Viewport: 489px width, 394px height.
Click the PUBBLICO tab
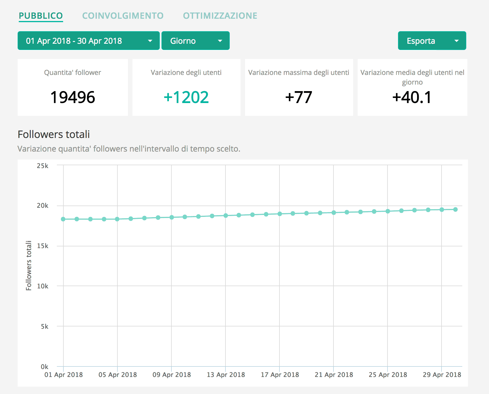point(41,16)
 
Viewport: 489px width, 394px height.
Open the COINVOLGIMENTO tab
point(123,16)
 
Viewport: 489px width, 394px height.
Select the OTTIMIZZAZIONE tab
point(220,16)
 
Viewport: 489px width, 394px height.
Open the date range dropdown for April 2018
point(88,41)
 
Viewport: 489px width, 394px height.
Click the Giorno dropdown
point(195,41)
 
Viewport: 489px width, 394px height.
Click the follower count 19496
point(72,97)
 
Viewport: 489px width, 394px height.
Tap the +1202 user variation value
point(186,97)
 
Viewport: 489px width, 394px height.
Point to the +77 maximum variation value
point(299,97)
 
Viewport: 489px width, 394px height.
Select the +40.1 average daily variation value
point(412,97)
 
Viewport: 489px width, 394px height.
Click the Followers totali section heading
point(54,134)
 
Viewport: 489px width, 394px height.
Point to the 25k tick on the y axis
point(43,166)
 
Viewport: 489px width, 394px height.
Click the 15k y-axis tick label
point(43,246)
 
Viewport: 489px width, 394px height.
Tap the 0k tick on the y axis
point(44,366)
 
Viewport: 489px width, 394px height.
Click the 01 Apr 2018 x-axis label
point(63,375)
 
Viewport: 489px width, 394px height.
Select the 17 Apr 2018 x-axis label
point(280,375)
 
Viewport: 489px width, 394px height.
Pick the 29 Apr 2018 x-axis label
point(442,375)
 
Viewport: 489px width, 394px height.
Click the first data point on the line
point(63,219)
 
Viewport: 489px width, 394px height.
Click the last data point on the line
point(455,209)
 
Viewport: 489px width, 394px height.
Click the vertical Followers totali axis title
point(29,265)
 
